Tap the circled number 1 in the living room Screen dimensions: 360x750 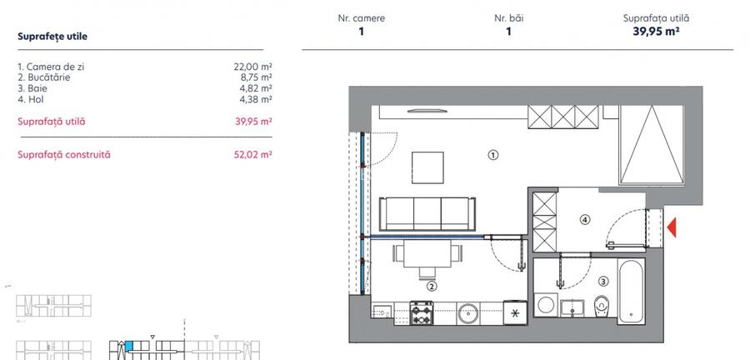point(493,154)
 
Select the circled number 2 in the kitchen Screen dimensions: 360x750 point(432,286)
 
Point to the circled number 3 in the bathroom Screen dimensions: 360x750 point(603,282)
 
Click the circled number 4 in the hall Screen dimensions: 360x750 point(585,220)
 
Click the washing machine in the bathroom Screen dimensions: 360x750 point(547,304)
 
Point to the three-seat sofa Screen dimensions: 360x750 point(422,213)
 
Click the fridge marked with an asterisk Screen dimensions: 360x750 point(515,313)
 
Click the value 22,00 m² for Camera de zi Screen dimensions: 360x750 point(254,65)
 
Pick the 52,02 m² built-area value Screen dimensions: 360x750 point(254,154)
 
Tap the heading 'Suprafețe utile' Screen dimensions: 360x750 point(52,37)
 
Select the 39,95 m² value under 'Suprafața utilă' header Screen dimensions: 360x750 point(656,32)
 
